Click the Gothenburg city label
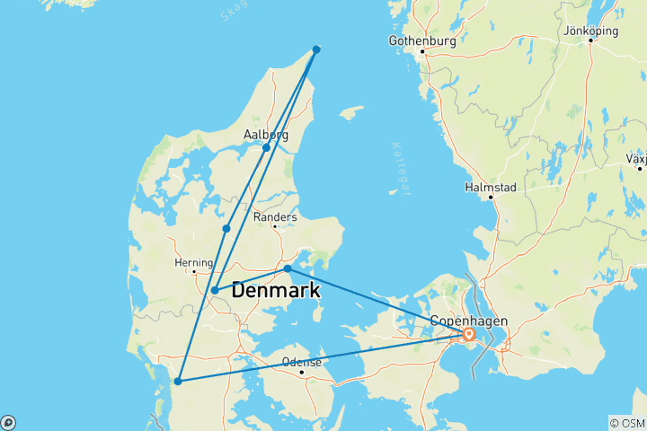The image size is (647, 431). coord(421,40)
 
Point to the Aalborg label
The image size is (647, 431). coord(266,135)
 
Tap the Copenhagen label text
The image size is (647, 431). coord(469,321)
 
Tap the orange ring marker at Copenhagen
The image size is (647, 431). coord(469,335)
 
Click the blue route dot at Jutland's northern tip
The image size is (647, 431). coord(316,49)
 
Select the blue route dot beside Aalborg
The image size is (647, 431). coord(266,147)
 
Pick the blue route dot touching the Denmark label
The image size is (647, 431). coord(215,290)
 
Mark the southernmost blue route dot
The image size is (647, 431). coord(178,382)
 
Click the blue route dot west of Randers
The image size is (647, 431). coord(226,229)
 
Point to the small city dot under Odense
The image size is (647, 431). coord(301,372)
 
